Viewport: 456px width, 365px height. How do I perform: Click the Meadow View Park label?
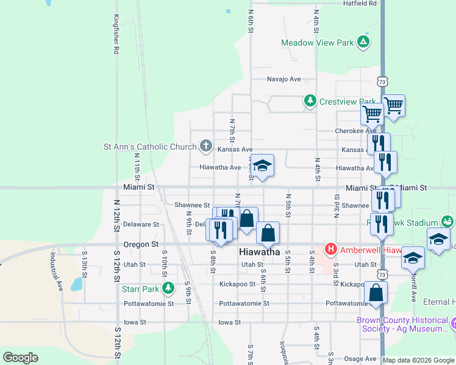tap(317, 43)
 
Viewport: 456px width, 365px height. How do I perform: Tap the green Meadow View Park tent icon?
tap(363, 41)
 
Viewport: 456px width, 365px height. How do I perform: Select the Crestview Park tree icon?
tap(311, 101)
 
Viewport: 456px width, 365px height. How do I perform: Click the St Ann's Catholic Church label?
tap(150, 146)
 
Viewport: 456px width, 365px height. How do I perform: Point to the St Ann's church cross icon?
tap(206, 146)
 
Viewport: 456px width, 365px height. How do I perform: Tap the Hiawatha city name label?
tap(260, 252)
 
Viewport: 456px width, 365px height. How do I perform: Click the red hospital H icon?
tap(330, 249)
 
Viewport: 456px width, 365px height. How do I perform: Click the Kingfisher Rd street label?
tap(116, 35)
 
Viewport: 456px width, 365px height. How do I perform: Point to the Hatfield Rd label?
tap(360, 4)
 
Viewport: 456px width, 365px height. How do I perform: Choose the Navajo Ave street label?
tap(284, 79)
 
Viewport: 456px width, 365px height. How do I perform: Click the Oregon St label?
tap(141, 245)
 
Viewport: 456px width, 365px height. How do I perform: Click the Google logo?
tap(20, 358)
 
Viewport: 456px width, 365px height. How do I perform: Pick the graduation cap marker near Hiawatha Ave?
tap(262, 165)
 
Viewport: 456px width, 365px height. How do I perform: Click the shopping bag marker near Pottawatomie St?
tap(377, 293)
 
